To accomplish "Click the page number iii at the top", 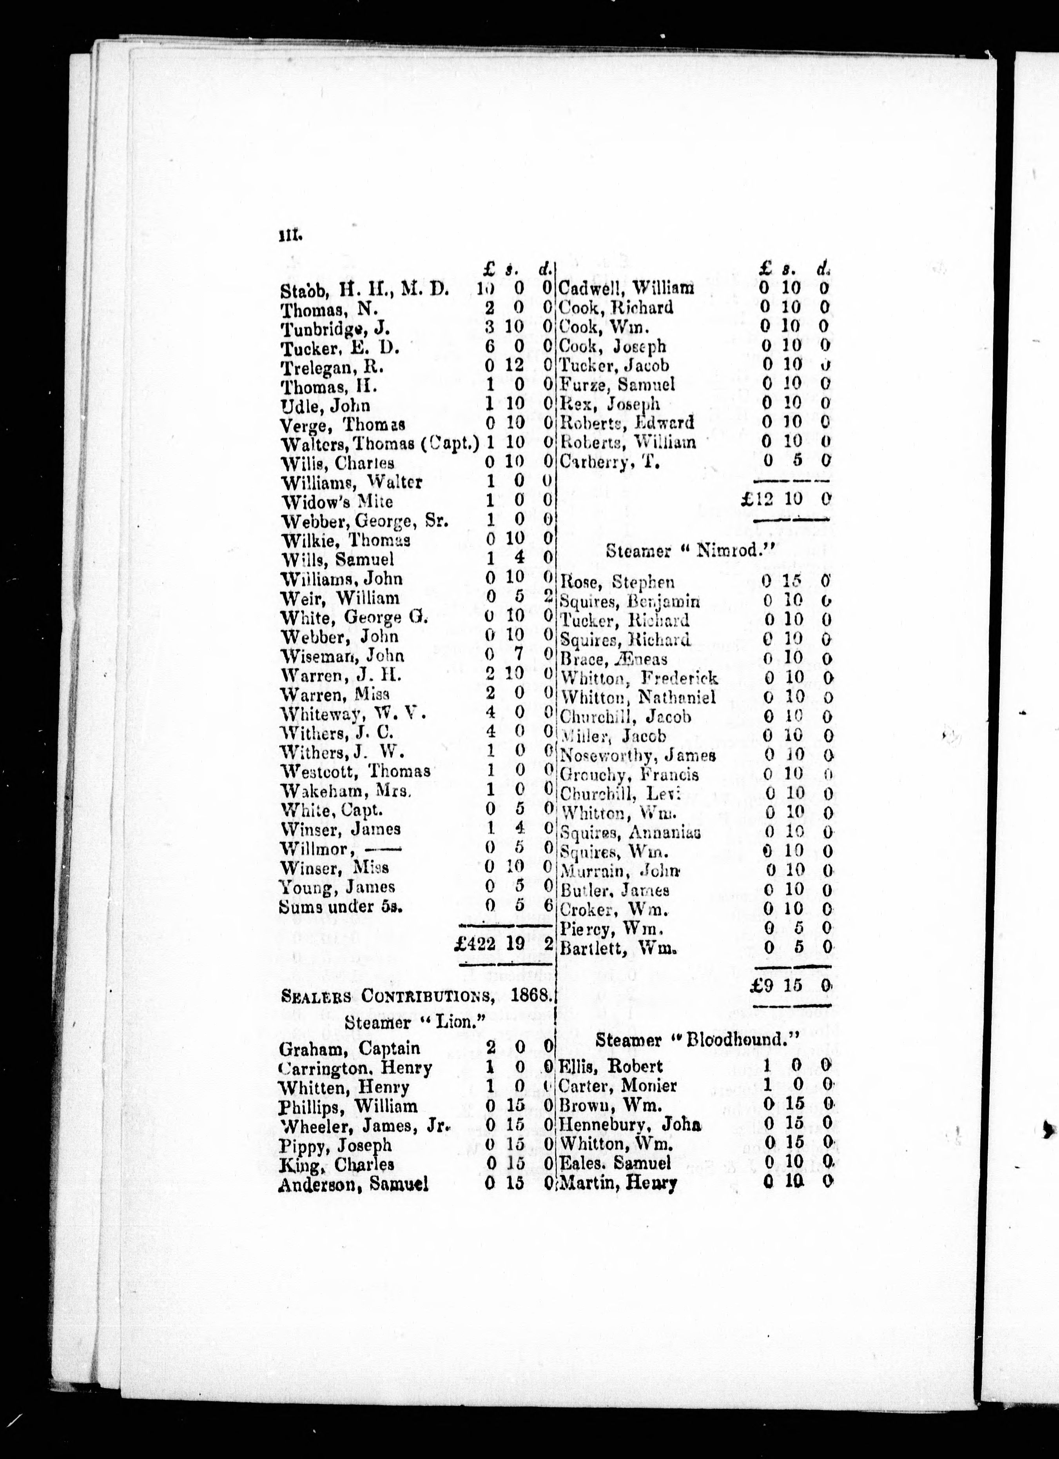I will [x=290, y=237].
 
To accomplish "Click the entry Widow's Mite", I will [x=337, y=501].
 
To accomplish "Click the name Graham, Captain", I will [x=350, y=1049].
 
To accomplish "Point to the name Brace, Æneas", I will [x=614, y=659].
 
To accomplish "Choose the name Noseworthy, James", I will [x=638, y=756].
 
